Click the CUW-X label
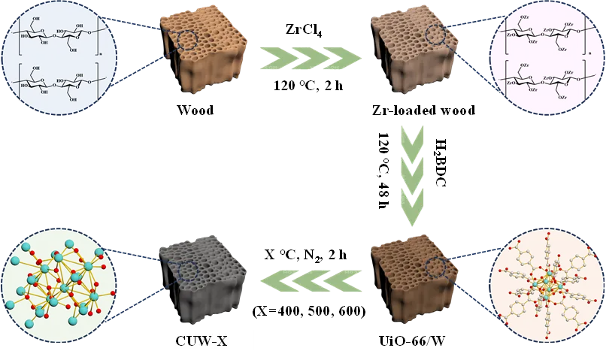204,340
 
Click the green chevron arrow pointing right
308,59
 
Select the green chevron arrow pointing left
308,281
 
